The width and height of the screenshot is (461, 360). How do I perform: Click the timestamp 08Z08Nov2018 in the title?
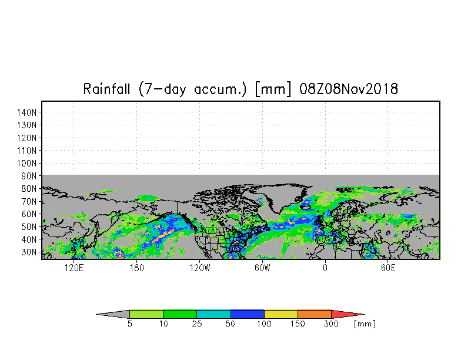pos(349,89)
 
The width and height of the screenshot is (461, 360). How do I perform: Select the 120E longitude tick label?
pos(74,268)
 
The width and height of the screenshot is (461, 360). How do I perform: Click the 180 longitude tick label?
pos(136,268)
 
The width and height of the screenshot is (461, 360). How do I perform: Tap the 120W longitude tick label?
pos(199,268)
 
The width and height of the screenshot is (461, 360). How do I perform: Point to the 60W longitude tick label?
pos(262,268)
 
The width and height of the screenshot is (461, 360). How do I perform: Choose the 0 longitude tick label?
pos(325,268)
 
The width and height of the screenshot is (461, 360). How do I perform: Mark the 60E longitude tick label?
pos(388,268)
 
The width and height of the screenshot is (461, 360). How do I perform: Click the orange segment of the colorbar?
pos(315,314)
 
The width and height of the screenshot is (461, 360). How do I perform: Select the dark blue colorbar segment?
pos(248,314)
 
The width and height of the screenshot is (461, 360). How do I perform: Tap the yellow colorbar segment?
pos(281,314)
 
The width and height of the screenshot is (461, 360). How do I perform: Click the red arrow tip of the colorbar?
pos(346,314)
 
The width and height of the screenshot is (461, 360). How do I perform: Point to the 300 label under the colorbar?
pos(332,324)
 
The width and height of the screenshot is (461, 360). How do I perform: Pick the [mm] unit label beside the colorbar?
pos(365,324)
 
